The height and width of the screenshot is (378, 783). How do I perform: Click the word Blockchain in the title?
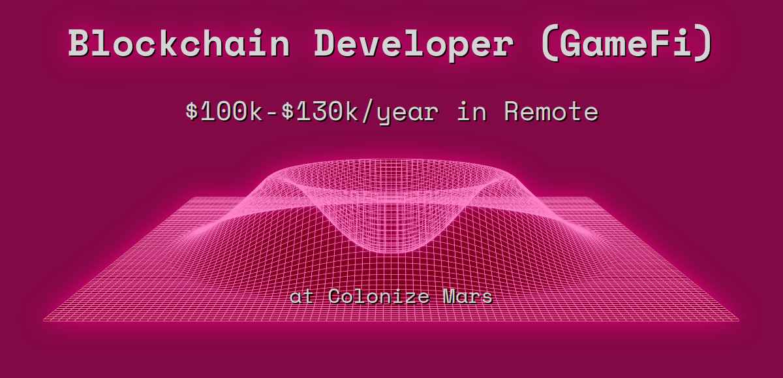click(x=179, y=44)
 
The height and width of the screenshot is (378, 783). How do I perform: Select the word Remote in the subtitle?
click(x=551, y=112)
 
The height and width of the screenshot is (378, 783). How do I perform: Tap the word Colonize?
click(x=378, y=296)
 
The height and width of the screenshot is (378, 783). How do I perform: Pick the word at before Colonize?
click(x=301, y=297)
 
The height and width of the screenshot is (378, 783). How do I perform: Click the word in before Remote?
click(x=471, y=112)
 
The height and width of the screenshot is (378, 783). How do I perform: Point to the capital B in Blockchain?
click(x=80, y=44)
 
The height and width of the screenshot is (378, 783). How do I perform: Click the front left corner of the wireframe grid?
click(x=44, y=321)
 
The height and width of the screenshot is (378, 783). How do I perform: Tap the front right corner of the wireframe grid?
click(x=739, y=321)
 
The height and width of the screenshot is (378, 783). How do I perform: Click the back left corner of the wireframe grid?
click(x=194, y=198)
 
